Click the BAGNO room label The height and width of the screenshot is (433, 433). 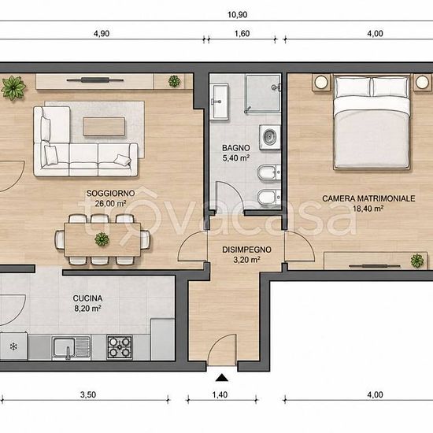pyautogui.click(x=236, y=148)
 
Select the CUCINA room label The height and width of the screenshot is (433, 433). pyautogui.click(x=87, y=298)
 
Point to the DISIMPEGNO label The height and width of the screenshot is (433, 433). pyautogui.click(x=246, y=250)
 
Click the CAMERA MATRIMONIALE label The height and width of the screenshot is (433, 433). pyautogui.click(x=368, y=198)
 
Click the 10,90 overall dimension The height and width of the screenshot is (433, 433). pyautogui.click(x=237, y=15)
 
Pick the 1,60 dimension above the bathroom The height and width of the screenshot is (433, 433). pyautogui.click(x=242, y=33)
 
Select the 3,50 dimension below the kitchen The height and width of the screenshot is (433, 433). pyautogui.click(x=88, y=394)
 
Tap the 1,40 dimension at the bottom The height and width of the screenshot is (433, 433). pyautogui.click(x=220, y=394)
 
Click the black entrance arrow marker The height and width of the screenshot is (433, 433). pyautogui.click(x=222, y=378)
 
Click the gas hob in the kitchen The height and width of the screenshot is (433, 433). pyautogui.click(x=120, y=347)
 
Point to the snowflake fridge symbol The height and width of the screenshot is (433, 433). pyautogui.click(x=13, y=346)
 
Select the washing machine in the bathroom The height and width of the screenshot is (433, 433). pyautogui.click(x=269, y=137)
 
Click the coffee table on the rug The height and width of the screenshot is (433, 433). pyautogui.click(x=104, y=127)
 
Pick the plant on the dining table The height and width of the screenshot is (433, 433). pyautogui.click(x=102, y=239)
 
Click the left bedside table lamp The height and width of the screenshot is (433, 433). pyautogui.click(x=321, y=82)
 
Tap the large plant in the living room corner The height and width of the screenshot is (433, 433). pyautogui.click(x=13, y=88)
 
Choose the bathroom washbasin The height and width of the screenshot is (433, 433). pyautogui.click(x=220, y=102)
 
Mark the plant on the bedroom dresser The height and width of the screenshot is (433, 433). pyautogui.click(x=417, y=261)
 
